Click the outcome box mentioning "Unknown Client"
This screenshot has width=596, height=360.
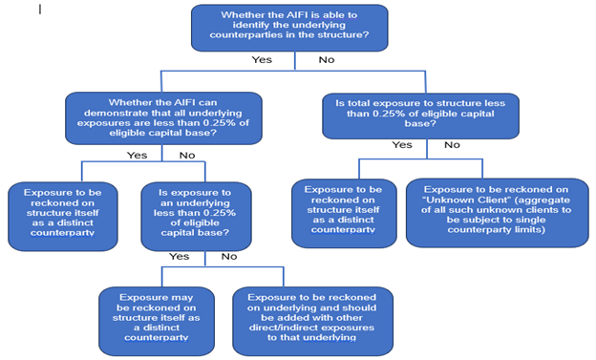(x=498, y=212)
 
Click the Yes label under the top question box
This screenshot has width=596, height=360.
(x=261, y=60)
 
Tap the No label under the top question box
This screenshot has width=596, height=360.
(x=326, y=60)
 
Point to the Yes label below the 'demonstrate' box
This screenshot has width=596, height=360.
(x=138, y=155)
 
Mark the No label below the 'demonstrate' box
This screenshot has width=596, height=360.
(x=187, y=155)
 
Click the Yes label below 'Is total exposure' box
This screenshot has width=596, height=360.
(x=402, y=145)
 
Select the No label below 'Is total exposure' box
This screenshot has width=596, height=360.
(x=452, y=145)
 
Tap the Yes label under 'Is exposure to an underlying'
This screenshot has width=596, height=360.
(x=179, y=256)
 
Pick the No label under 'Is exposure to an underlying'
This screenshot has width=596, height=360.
(x=229, y=256)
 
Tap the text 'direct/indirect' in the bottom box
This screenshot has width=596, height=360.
(x=287, y=325)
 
